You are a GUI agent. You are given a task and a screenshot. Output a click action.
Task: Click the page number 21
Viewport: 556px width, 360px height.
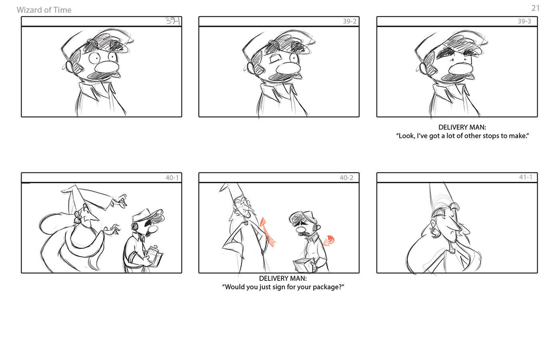click(535, 8)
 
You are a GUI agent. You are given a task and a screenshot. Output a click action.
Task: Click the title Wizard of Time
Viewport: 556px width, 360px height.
click(44, 10)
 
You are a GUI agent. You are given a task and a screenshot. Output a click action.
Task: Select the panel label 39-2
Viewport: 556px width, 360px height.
click(350, 21)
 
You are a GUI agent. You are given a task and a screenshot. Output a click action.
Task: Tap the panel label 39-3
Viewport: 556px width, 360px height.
click(524, 21)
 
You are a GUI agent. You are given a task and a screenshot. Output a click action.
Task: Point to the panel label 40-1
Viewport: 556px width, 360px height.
click(172, 178)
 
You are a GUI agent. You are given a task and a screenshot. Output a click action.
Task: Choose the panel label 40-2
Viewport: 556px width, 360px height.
click(347, 178)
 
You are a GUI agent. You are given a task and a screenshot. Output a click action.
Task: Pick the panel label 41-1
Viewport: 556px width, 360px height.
click(526, 177)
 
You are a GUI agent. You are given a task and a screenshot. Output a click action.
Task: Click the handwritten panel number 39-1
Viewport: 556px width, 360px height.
click(173, 21)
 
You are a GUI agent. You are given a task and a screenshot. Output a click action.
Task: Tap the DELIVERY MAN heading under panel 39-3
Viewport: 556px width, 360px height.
click(462, 127)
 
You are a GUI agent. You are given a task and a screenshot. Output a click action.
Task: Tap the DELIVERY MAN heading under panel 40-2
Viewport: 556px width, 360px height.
click(283, 278)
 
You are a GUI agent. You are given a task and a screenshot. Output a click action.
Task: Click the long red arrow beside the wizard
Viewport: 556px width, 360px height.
click(267, 232)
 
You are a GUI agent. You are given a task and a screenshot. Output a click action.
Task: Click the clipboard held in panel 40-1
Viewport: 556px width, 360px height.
click(154, 256)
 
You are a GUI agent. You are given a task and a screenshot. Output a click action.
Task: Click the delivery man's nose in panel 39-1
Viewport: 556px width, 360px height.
click(107, 67)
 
